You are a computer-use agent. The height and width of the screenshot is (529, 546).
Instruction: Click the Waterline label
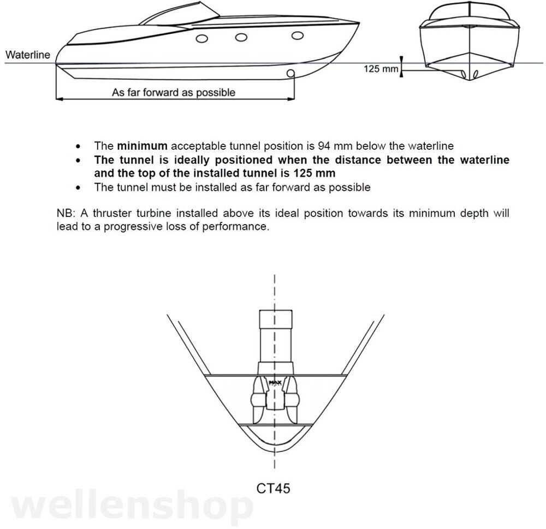tap(28, 55)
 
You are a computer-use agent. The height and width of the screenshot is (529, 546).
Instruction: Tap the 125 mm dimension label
tap(381, 69)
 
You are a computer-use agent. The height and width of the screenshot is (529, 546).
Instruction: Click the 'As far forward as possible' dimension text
tap(174, 93)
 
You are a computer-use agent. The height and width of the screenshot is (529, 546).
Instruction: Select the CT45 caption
tap(273, 488)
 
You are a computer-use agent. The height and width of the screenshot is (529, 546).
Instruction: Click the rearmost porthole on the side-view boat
tap(202, 38)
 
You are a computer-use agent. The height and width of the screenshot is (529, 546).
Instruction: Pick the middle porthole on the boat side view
tap(241, 37)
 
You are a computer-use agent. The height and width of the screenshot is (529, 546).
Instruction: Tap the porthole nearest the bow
tap(298, 36)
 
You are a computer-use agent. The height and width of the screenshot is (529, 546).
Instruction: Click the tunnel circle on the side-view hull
tap(290, 73)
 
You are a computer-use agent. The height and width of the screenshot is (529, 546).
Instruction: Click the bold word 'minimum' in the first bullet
tap(142, 146)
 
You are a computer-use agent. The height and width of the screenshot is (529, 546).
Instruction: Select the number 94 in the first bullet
tap(324, 146)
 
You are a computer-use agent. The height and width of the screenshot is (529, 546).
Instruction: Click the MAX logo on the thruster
tap(275, 383)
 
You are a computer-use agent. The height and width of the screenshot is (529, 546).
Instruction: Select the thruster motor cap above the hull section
tap(276, 319)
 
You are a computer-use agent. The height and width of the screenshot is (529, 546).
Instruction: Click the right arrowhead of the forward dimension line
tap(291, 99)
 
